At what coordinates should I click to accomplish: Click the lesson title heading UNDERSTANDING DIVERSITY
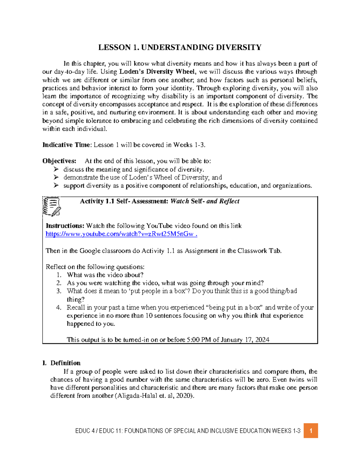[180, 47]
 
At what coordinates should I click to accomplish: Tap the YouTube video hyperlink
[121, 234]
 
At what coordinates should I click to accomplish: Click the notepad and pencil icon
[52, 207]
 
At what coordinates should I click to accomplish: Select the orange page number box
[310, 431]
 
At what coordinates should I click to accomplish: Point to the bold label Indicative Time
[66, 145]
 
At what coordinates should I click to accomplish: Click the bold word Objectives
[59, 161]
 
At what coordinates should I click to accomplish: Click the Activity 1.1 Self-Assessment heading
[159, 201]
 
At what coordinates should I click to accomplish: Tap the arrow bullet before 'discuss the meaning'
[56, 169]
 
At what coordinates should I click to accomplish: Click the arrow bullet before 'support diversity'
[56, 186]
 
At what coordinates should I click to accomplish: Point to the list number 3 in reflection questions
[59, 291]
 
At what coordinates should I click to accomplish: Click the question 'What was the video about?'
[105, 275]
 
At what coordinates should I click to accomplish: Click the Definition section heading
[65, 363]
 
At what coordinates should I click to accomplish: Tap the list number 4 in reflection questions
[59, 308]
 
